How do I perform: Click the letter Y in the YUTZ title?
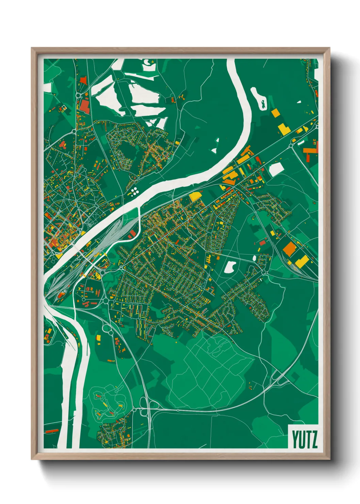click(295, 440)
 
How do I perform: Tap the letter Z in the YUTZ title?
click(314, 440)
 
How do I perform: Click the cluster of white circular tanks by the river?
click(134, 191)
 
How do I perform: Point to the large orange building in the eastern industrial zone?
click(290, 249)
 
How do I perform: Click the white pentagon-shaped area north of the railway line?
click(276, 169)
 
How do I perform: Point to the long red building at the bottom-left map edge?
click(52, 431)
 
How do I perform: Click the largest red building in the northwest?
click(84, 106)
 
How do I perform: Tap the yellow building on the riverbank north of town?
click(195, 196)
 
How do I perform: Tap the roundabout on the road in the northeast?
click(291, 146)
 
